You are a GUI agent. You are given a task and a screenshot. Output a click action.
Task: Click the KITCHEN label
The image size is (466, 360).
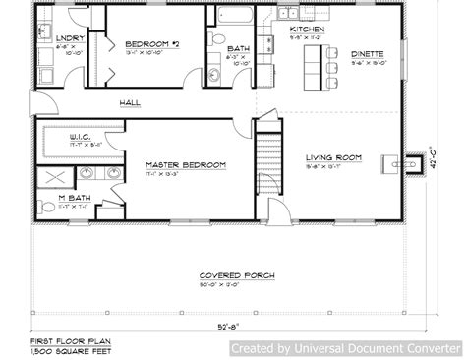307,30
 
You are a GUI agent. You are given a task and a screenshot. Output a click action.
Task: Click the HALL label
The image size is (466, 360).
129,102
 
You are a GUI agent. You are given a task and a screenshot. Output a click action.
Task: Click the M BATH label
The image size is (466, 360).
56,199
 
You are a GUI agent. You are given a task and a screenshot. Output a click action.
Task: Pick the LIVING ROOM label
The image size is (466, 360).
334,157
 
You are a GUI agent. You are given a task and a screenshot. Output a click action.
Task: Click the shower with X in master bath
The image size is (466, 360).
55,178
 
